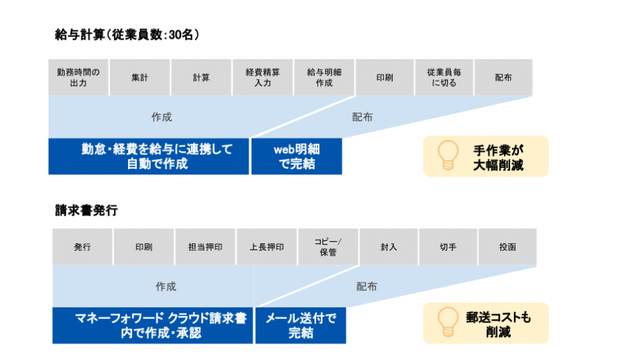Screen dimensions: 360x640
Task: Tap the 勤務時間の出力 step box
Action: (78, 78)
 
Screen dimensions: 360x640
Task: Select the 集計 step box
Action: (139, 78)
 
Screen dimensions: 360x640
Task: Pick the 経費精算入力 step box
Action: (263, 78)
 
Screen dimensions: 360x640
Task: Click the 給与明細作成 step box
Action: (324, 78)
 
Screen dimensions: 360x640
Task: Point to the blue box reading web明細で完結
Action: (296, 156)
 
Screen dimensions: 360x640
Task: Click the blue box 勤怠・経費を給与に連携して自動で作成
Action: (148, 156)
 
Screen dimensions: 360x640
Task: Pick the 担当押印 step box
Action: (205, 247)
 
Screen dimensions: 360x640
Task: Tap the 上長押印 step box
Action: (266, 247)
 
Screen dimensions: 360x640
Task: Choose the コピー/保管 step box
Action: (328, 247)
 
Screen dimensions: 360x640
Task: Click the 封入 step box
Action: (389, 247)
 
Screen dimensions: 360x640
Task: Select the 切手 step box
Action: (448, 247)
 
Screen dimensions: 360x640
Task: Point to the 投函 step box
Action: (507, 247)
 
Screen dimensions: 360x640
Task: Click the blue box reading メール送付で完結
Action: (300, 325)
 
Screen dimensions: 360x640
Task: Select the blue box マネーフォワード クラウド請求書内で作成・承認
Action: (152, 325)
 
